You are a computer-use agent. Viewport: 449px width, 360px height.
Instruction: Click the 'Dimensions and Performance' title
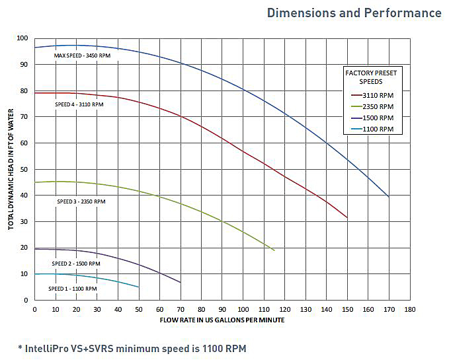(x=354, y=13)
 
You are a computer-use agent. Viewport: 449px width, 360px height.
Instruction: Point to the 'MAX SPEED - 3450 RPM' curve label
(x=82, y=56)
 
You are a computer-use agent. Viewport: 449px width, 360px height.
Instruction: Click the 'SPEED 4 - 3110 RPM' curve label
(x=79, y=104)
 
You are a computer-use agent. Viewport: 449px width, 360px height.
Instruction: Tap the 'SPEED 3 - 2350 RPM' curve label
(x=81, y=201)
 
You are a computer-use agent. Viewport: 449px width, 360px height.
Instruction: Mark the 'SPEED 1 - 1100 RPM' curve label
(x=73, y=289)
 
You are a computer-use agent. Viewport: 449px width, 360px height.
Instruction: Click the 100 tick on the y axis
(x=24, y=38)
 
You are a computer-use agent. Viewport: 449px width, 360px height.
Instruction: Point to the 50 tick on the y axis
(x=26, y=169)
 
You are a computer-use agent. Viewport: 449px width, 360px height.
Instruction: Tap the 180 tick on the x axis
(x=410, y=309)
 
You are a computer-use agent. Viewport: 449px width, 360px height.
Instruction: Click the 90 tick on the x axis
(x=222, y=309)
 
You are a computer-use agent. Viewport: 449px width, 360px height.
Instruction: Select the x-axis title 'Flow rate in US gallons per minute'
(x=222, y=320)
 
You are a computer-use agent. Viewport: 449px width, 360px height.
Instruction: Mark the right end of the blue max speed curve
(x=389, y=197)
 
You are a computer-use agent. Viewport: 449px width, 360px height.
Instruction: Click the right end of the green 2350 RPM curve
(x=274, y=250)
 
